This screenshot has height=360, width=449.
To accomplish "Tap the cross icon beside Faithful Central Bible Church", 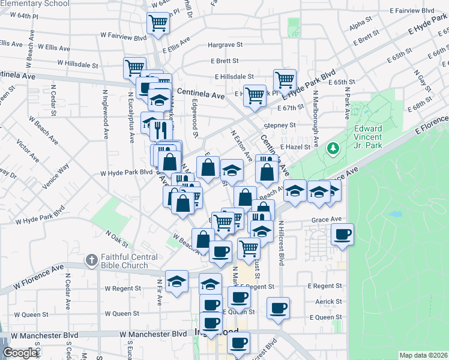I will tap(91, 260).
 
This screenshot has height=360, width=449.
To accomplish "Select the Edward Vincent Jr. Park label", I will tap(376, 136).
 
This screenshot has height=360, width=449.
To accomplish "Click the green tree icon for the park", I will tap(333, 148).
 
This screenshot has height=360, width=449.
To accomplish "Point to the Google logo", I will tap(20, 353).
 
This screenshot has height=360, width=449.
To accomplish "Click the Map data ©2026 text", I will tap(423, 355).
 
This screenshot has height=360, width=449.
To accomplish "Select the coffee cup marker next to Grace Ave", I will tap(342, 234).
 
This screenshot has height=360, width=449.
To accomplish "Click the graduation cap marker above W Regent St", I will tap(176, 281).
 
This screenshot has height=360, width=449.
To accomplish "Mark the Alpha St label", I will tap(361, 25).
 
